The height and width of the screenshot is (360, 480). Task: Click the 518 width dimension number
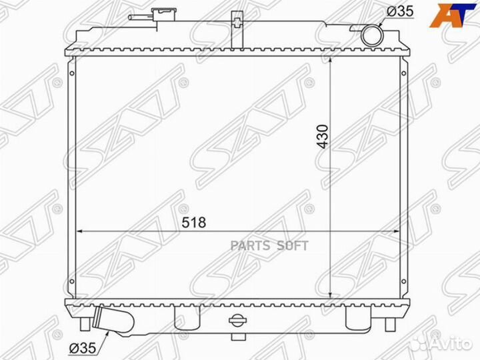194,223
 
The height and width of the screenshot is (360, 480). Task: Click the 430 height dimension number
323,137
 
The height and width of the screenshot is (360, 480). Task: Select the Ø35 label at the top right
400,11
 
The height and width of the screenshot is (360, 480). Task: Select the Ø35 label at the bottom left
83,348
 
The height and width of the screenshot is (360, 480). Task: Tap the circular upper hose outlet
372,36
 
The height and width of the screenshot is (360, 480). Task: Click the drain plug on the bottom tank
238,320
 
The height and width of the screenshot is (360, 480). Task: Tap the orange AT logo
453,15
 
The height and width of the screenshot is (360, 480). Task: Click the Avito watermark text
453,345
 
